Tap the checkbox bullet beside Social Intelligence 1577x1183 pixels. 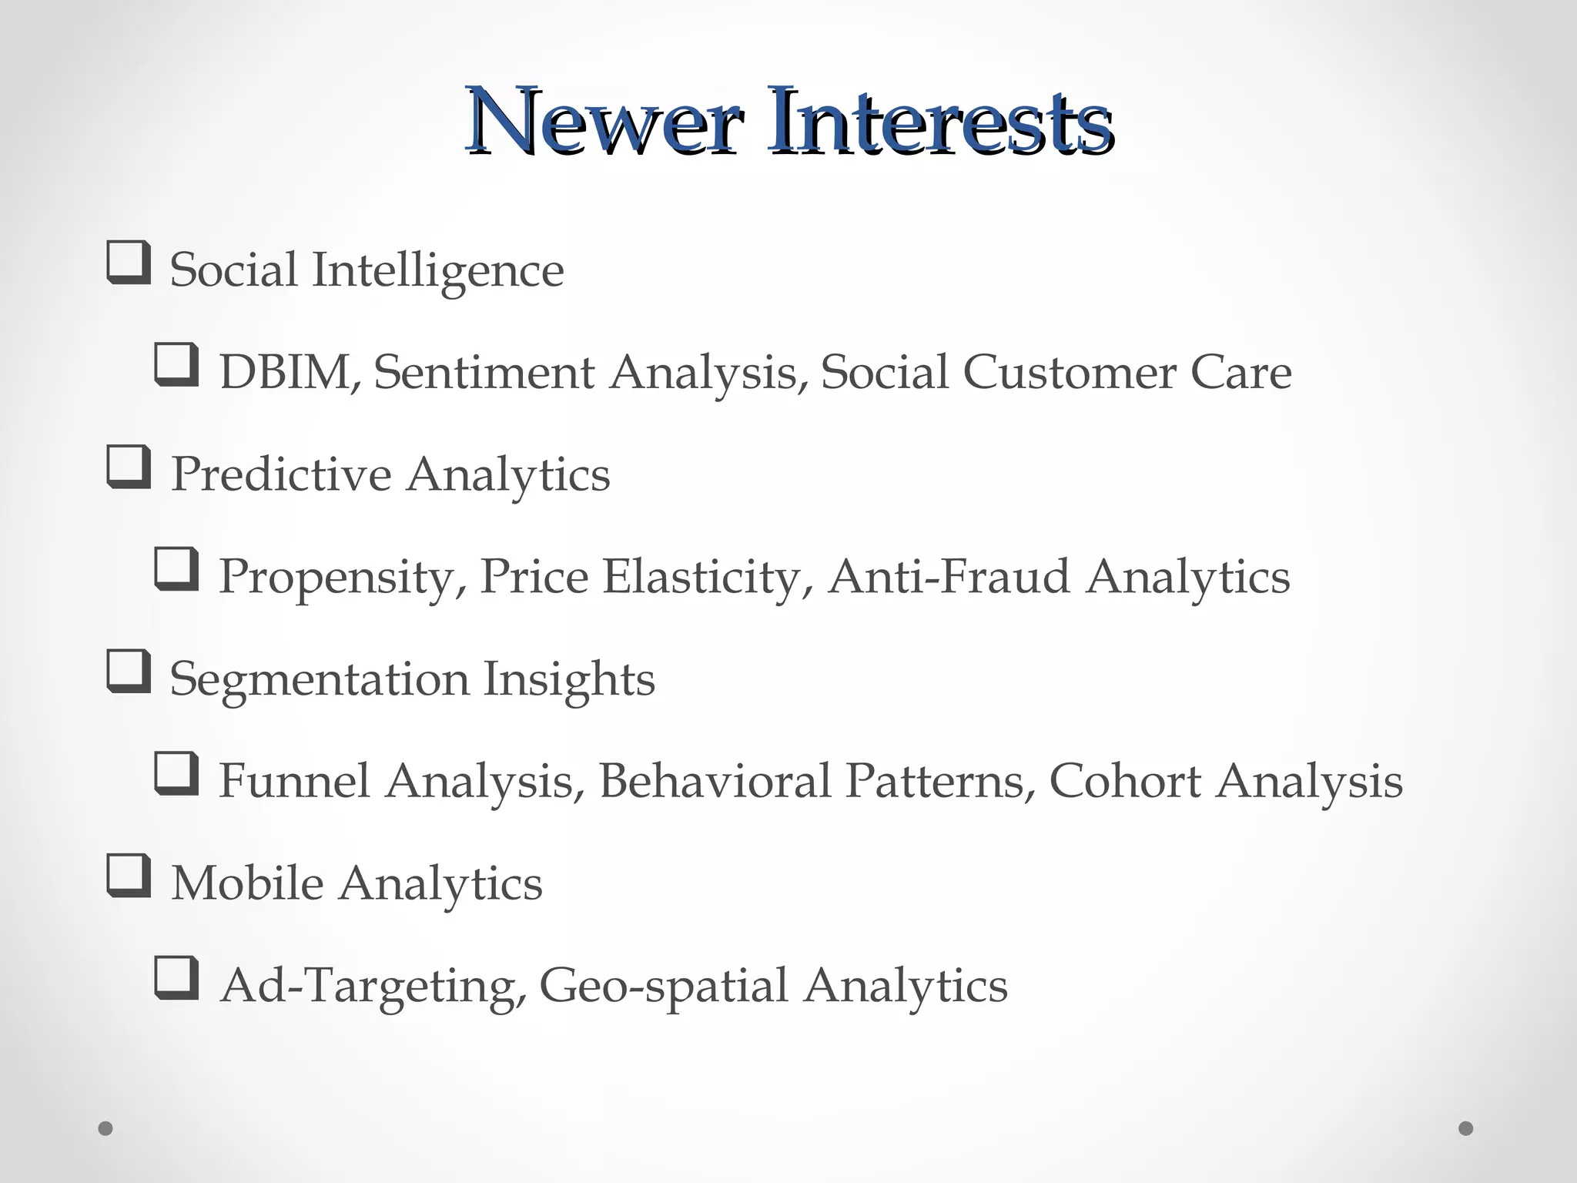(x=128, y=263)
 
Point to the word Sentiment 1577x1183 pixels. (x=484, y=373)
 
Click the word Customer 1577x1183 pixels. (x=1069, y=373)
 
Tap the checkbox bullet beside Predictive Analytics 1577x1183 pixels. (x=128, y=468)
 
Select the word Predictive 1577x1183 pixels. (x=280, y=474)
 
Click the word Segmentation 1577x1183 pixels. (x=319, y=679)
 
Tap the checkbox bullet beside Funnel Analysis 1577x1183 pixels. (x=177, y=774)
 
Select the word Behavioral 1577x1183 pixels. (x=715, y=781)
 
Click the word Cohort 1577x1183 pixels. (x=1125, y=781)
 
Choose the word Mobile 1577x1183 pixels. (x=246, y=883)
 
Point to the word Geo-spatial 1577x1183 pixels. (x=664, y=987)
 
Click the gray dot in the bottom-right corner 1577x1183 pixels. (x=1466, y=1128)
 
